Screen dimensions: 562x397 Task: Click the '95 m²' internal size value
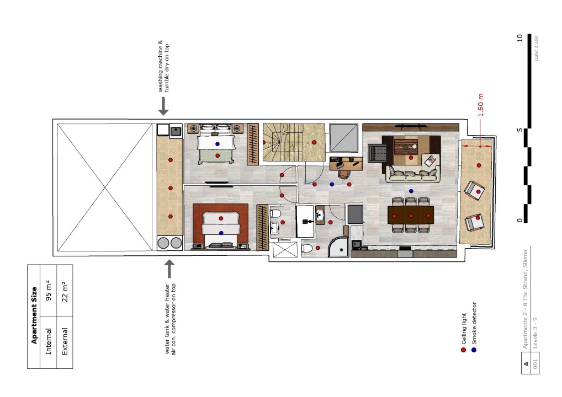[x=49, y=291]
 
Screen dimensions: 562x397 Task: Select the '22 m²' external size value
[x=65, y=291]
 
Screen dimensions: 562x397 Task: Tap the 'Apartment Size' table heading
[x=34, y=315]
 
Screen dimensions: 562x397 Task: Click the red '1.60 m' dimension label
[x=481, y=105]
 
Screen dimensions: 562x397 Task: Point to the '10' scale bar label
[x=519, y=38]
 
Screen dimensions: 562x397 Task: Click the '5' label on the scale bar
[x=519, y=130]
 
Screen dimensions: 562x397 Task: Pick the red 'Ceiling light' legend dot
[x=463, y=350]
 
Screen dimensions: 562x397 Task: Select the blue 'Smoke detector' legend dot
[x=474, y=350]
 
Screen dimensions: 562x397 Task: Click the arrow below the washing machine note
[x=163, y=106]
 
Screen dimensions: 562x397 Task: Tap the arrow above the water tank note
[x=169, y=269]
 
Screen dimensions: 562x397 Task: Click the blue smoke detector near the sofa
[x=411, y=191]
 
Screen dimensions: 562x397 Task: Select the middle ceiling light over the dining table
[x=411, y=216]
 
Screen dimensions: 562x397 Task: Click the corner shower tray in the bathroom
[x=338, y=248]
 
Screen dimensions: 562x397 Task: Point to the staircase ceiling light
[x=314, y=142]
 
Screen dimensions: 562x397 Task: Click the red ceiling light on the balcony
[x=479, y=165]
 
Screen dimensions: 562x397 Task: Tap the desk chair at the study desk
[x=344, y=174]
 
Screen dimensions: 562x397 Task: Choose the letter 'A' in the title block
[x=526, y=364]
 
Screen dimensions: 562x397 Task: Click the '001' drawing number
[x=535, y=364]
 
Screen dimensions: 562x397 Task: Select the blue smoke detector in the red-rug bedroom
[x=221, y=233]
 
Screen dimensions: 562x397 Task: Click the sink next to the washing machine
[x=176, y=131]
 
